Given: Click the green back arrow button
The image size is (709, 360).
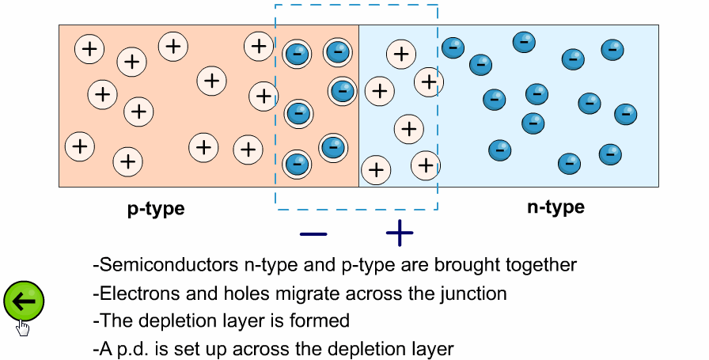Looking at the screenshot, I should coord(24,301).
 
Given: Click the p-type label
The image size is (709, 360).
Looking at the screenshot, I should coord(156,209).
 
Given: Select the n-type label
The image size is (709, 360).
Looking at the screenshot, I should coord(555,208).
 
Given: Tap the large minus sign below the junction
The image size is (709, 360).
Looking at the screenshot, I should coord(313,234).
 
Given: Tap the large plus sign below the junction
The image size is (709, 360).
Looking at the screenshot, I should coord(400,233).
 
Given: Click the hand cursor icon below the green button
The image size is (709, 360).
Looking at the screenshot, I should coord(23,328).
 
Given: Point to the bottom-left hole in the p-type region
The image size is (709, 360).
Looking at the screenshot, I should coord(78,146).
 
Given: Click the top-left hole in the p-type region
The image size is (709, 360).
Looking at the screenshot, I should coord(89,49).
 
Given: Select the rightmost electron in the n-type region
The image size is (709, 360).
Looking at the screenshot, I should coord(626,113).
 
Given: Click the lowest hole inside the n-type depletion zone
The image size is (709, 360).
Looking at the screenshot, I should coord(376,169).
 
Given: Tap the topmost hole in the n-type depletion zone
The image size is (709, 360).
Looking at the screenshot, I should coord(401,54).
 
